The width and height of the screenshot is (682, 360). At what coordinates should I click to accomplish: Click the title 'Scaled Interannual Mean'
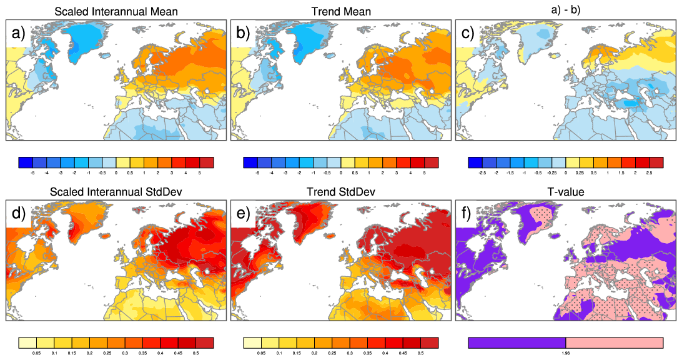pyautogui.click(x=116, y=11)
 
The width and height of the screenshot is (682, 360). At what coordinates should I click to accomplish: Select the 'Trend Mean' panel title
pyautogui.click(x=340, y=11)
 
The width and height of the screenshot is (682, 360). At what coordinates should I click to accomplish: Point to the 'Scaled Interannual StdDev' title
pyautogui.click(x=116, y=192)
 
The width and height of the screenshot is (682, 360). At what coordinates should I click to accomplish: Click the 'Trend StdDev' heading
pyautogui.click(x=340, y=192)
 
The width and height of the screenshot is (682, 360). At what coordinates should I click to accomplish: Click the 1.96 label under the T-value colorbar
pyautogui.click(x=565, y=353)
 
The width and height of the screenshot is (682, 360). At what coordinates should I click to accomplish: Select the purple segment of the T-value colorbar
pyautogui.click(x=516, y=342)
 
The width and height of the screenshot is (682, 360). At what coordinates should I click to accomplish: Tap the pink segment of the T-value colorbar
pyautogui.click(x=614, y=342)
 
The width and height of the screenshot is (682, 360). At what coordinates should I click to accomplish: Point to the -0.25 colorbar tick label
pyautogui.click(x=551, y=172)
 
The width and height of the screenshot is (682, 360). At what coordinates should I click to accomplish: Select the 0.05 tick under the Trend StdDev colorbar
pyautogui.click(x=261, y=353)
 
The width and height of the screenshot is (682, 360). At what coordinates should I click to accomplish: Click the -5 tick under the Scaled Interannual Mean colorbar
pyautogui.click(x=32, y=172)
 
